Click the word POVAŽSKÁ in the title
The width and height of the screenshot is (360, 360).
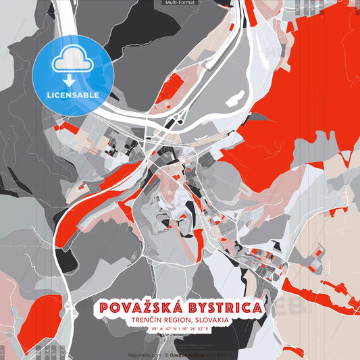[x=138, y=308]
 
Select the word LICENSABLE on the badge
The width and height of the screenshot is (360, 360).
[x=72, y=95]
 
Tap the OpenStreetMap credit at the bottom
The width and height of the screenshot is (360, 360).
[x=188, y=354]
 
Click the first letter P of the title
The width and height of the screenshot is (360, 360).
[x=104, y=308]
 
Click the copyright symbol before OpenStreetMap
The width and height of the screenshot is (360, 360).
[x=166, y=354]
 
